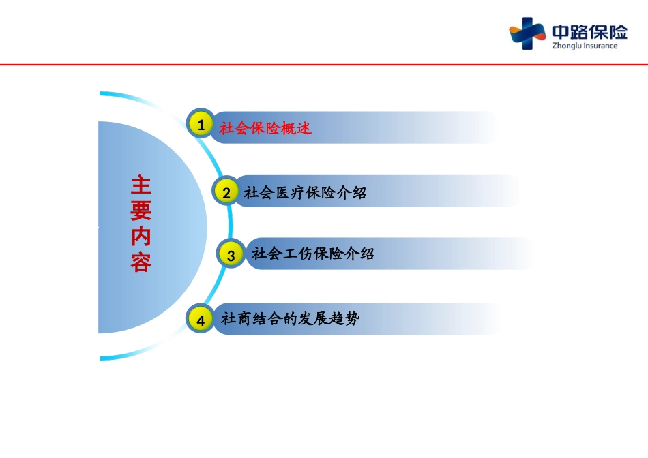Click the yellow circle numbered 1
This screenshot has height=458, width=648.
[x=201, y=125]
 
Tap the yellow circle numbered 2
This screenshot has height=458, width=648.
[x=226, y=192]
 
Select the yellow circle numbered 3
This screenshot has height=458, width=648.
[x=231, y=256]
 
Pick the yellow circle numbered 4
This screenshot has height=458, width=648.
[x=201, y=320]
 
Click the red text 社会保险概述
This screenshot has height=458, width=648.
[x=265, y=128]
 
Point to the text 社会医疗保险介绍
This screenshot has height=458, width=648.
[x=305, y=193]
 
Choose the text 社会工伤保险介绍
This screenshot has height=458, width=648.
[x=313, y=254]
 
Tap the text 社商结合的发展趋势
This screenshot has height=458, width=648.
[x=290, y=318]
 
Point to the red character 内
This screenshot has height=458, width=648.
[x=141, y=236]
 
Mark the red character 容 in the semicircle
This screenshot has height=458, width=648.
[x=141, y=262]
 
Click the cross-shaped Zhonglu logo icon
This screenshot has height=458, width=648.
[x=527, y=33]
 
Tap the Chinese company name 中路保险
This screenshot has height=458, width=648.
[x=589, y=31]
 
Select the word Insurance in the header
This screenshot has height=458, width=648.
[x=600, y=46]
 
